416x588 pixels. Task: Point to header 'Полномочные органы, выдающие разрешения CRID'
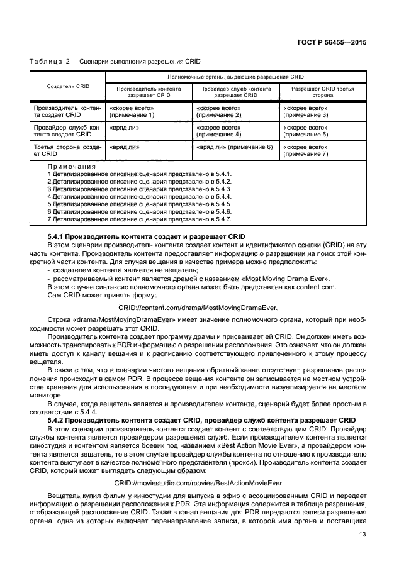coord(235,75)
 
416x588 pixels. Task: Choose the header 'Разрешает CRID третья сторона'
coord(323,92)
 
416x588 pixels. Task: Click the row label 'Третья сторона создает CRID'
coord(67,150)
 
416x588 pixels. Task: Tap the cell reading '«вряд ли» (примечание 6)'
coord(234,147)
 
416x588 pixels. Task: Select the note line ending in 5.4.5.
coord(140,204)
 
